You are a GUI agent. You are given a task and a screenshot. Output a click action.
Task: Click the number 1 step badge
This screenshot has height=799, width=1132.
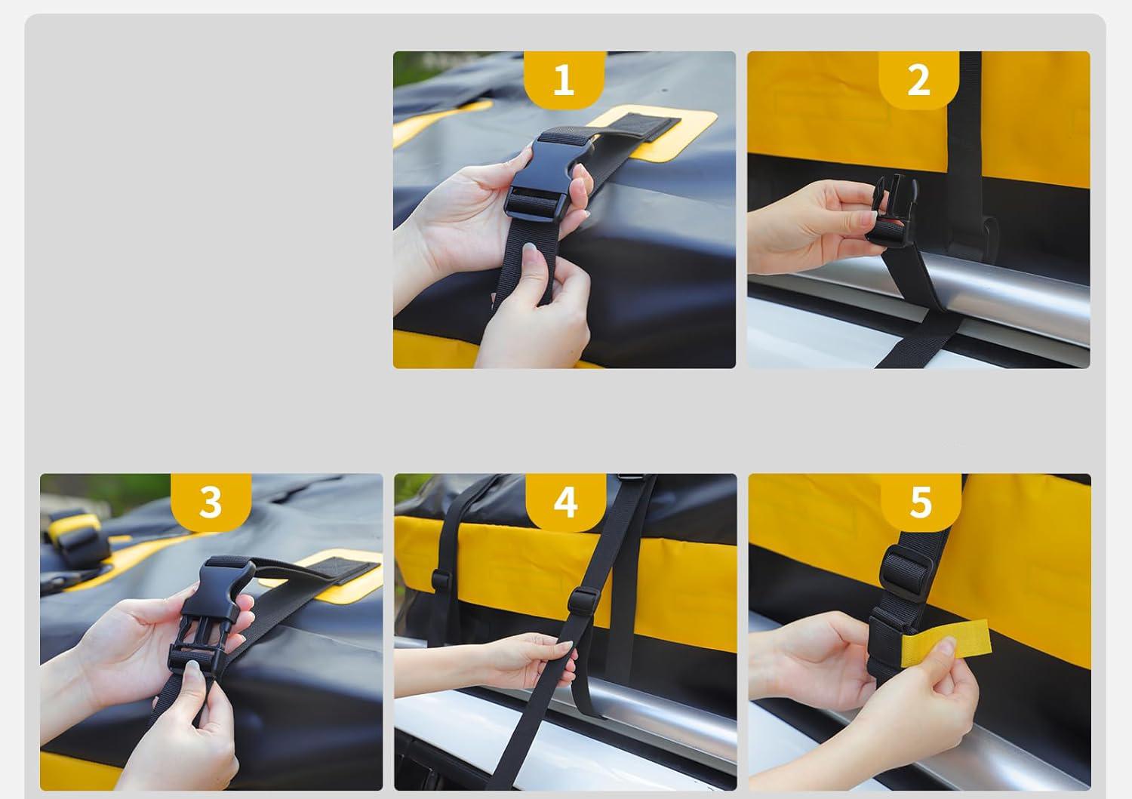(564, 80)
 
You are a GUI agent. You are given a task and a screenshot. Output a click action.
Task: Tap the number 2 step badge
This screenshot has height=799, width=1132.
(918, 80)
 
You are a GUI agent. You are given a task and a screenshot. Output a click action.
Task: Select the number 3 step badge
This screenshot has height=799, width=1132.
(211, 502)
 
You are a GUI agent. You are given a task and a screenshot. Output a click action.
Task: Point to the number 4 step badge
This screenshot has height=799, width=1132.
(565, 502)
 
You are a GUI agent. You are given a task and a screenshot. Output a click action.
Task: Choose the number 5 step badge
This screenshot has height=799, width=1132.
(921, 502)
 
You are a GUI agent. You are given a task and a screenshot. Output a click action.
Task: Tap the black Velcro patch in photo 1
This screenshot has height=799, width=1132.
(645, 126)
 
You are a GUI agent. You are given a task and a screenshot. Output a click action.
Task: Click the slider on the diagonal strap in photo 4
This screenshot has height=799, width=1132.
(583, 601)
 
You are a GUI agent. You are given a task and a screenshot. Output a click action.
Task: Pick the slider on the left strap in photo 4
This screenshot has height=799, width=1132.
(441, 580)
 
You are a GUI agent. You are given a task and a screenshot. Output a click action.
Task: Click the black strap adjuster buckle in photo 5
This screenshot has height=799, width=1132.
(906, 574)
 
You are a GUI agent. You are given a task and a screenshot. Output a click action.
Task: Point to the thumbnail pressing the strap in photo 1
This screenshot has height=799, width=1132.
(530, 249)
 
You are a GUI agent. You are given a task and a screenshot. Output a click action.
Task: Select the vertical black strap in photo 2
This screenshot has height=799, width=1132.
(964, 152)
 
